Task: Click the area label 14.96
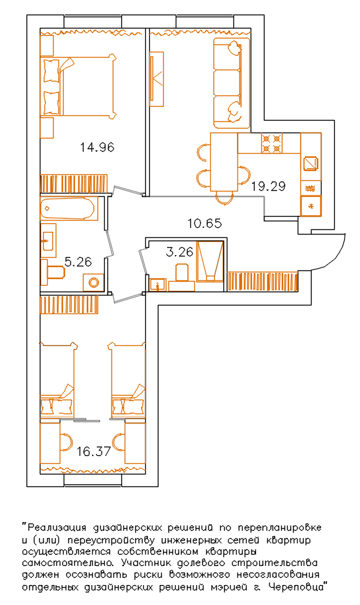pos(97,147)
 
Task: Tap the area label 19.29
pos(269,186)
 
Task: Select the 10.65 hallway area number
pos(204,223)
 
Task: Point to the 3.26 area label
pos(180,252)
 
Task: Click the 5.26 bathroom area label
pos(78,262)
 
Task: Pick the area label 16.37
pos(93,451)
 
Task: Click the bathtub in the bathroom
pos(68,209)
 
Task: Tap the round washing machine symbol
pos(93,282)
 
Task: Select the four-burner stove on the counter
pos(271,143)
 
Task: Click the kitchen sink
pos(311,164)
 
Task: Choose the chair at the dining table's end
pos(224,197)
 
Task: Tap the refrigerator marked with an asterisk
pos(311,207)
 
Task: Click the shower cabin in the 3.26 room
pos(210,261)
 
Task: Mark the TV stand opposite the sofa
pos(156,79)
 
